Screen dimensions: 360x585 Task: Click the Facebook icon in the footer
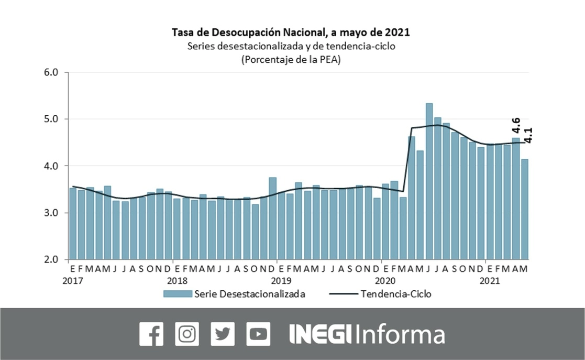point(152,334)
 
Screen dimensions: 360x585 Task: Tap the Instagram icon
point(187,334)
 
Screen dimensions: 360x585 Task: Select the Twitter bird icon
point(223,334)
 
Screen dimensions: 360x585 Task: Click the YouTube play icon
point(258,334)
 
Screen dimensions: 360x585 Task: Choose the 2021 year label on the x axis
point(489,280)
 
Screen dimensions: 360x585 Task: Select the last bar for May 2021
point(524,209)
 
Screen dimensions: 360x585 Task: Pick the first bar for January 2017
point(73,223)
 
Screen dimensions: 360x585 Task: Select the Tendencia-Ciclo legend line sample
point(344,294)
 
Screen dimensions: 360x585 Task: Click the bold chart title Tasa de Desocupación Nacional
point(291,32)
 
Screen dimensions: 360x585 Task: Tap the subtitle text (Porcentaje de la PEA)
point(291,60)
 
